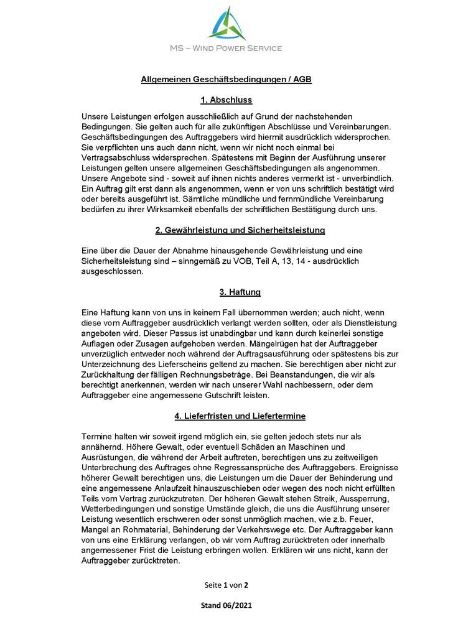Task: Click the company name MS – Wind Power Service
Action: pos(226,48)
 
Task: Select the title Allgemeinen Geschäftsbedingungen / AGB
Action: pos(226,80)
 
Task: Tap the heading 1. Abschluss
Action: pos(226,100)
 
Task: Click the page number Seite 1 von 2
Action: pos(226,585)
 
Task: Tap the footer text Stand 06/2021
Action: pos(226,605)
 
